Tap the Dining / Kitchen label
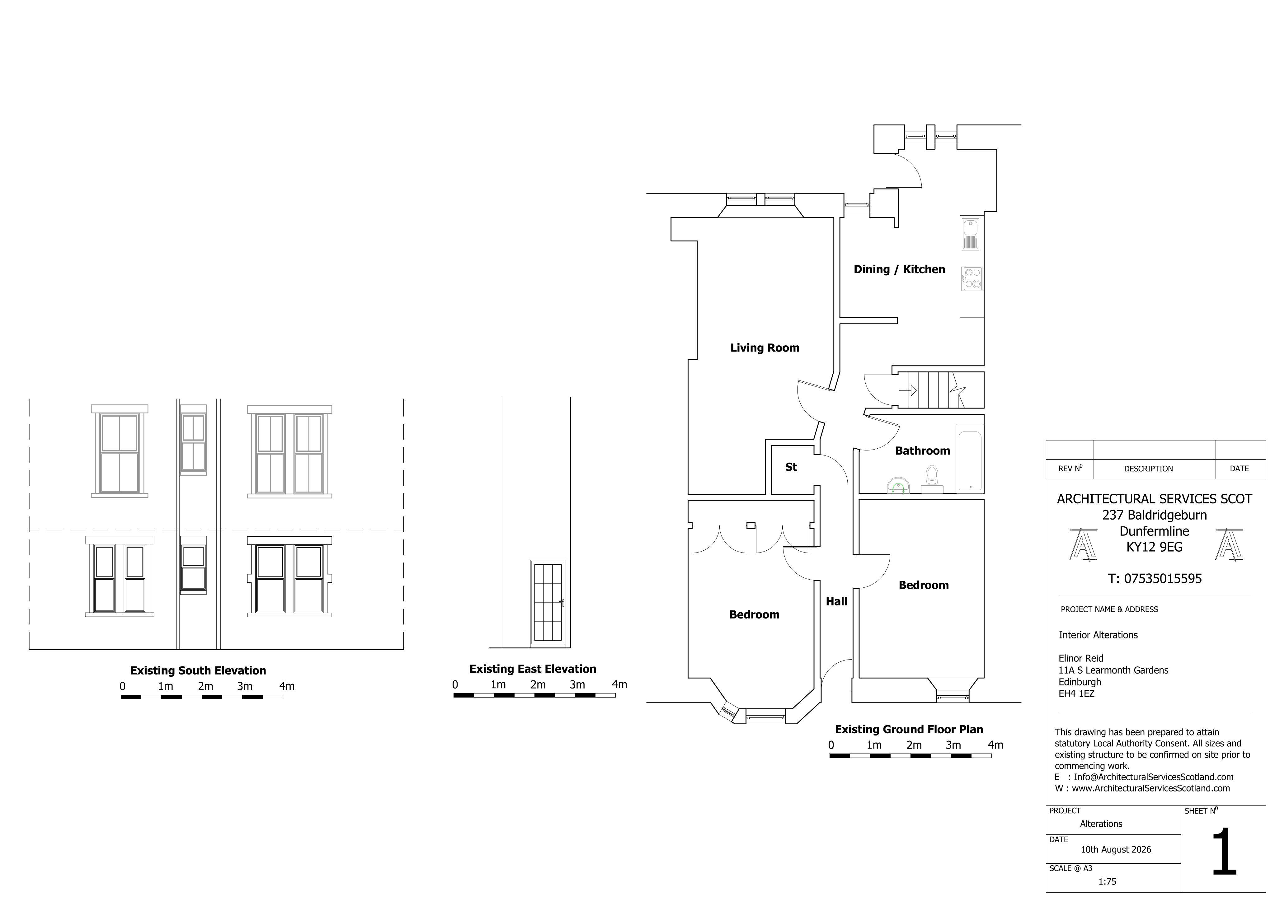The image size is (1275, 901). click(899, 269)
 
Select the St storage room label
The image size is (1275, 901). click(791, 467)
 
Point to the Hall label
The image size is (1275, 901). click(836, 601)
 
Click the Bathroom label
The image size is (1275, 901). click(922, 451)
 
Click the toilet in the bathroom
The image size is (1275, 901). click(932, 479)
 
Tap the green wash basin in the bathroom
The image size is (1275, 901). click(898, 486)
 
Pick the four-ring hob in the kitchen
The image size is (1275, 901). click(972, 278)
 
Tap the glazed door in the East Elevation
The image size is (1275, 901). click(548, 603)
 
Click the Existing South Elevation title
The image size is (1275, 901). click(198, 670)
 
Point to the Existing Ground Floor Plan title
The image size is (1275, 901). click(909, 730)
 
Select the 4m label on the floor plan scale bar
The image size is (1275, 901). click(996, 745)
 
